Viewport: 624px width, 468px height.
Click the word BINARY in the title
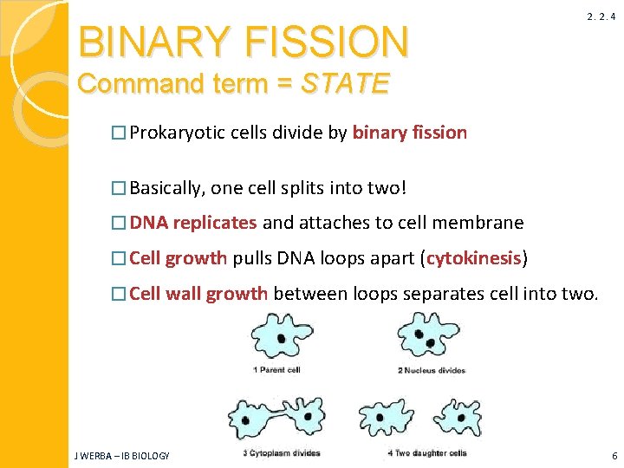[153, 41]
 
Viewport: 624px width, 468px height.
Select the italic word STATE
[345, 84]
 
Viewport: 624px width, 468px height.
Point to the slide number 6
[614, 456]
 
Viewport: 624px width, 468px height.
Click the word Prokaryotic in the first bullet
[179, 133]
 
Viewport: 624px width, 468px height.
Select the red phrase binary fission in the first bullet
[410, 133]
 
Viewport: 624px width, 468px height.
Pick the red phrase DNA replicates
[193, 223]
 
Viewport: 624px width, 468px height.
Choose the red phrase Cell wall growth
[198, 294]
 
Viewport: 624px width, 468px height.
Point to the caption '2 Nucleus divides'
[432, 371]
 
